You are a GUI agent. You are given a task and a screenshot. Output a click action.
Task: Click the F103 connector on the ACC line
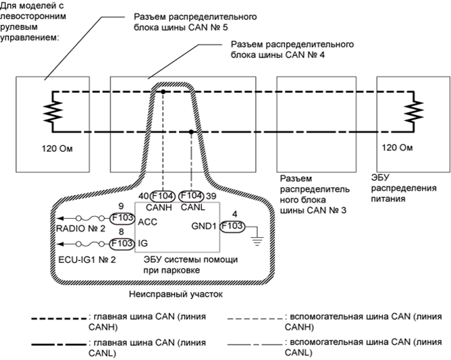coord(122,219)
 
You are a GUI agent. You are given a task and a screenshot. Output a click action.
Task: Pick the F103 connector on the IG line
coord(122,242)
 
